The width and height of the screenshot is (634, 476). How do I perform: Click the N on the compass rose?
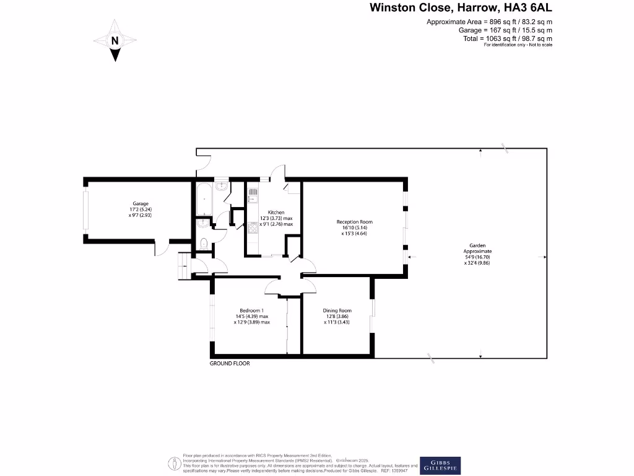click(115, 42)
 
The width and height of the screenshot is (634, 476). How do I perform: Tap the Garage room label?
click(140, 203)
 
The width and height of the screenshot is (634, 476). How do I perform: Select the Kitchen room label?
click(276, 212)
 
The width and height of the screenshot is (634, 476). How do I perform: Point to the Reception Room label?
click(355, 221)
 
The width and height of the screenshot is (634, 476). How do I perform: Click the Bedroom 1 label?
click(252, 310)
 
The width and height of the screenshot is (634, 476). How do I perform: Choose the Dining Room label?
click(337, 311)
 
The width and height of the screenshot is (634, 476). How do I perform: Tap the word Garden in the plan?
click(477, 245)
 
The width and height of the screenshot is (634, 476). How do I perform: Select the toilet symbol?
click(204, 242)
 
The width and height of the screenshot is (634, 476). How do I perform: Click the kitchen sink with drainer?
click(253, 196)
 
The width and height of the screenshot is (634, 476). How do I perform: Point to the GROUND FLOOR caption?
click(230, 364)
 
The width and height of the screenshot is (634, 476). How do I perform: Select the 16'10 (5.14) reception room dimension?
click(355, 228)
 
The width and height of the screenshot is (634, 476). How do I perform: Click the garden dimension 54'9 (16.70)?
click(477, 257)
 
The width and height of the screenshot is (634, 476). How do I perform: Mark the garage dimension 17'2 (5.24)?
click(140, 209)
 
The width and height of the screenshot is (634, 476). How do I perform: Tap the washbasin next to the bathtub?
click(221, 185)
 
